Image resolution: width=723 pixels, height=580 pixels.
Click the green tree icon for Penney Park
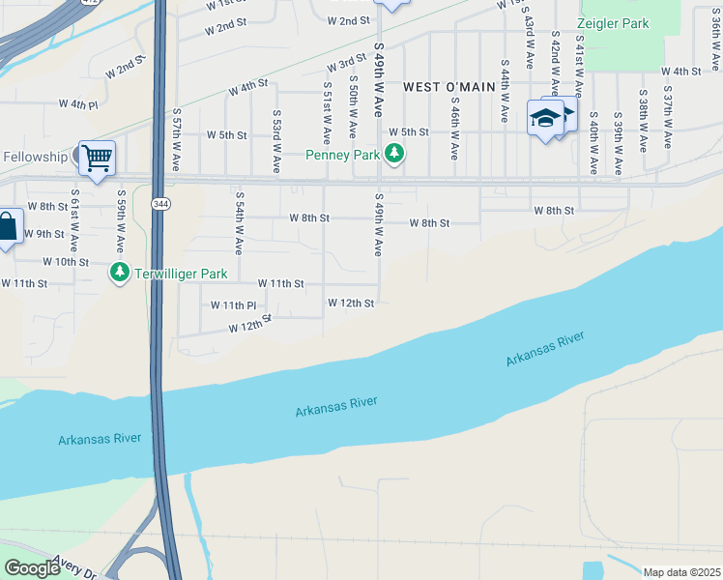(x=393, y=153)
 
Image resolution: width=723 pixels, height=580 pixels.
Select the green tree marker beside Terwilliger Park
(x=120, y=273)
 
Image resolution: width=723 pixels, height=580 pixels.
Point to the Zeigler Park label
(x=613, y=23)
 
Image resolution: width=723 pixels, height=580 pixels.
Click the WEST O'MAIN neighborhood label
(x=448, y=87)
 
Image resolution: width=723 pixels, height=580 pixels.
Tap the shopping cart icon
(x=97, y=157)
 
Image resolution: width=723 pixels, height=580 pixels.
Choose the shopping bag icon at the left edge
(x=7, y=228)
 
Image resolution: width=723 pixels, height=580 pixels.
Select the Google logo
(x=33, y=567)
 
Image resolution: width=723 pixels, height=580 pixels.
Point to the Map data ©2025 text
(x=681, y=572)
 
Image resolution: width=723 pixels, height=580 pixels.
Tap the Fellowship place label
(x=35, y=157)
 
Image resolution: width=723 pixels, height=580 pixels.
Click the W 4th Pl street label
(x=78, y=103)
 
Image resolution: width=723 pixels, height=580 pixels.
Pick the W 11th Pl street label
(x=233, y=304)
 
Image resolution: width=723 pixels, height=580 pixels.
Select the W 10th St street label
(x=66, y=262)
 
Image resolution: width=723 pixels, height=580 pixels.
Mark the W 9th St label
(x=43, y=234)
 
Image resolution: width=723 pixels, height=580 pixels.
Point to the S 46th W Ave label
(x=453, y=126)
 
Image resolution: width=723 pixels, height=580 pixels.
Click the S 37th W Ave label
(x=667, y=118)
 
